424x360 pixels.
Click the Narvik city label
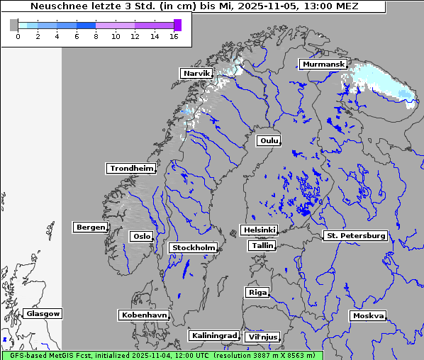pyautogui.click(x=196, y=74)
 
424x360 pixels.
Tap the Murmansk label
pyautogui.click(x=323, y=64)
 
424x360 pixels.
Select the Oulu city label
pyautogui.click(x=269, y=140)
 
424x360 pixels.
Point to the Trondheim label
pyautogui.click(x=131, y=169)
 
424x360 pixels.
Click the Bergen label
pyautogui.click(x=89, y=227)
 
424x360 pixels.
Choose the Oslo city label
pyautogui.click(x=141, y=236)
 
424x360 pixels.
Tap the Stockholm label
pyautogui.click(x=193, y=247)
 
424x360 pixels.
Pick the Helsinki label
pyautogui.click(x=259, y=230)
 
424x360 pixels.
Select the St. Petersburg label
pyautogui.click(x=355, y=235)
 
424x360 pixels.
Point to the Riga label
pyautogui.click(x=257, y=292)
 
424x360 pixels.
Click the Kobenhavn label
pyautogui.click(x=144, y=315)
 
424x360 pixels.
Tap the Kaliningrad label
pyautogui.click(x=213, y=335)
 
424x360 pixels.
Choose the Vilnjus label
pyautogui.click(x=262, y=337)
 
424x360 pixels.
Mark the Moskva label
pyautogui.click(x=368, y=315)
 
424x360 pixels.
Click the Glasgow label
pyautogui.click(x=43, y=313)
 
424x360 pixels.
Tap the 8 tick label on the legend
pyautogui.click(x=96, y=36)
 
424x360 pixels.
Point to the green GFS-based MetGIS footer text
pyautogui.click(x=161, y=355)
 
